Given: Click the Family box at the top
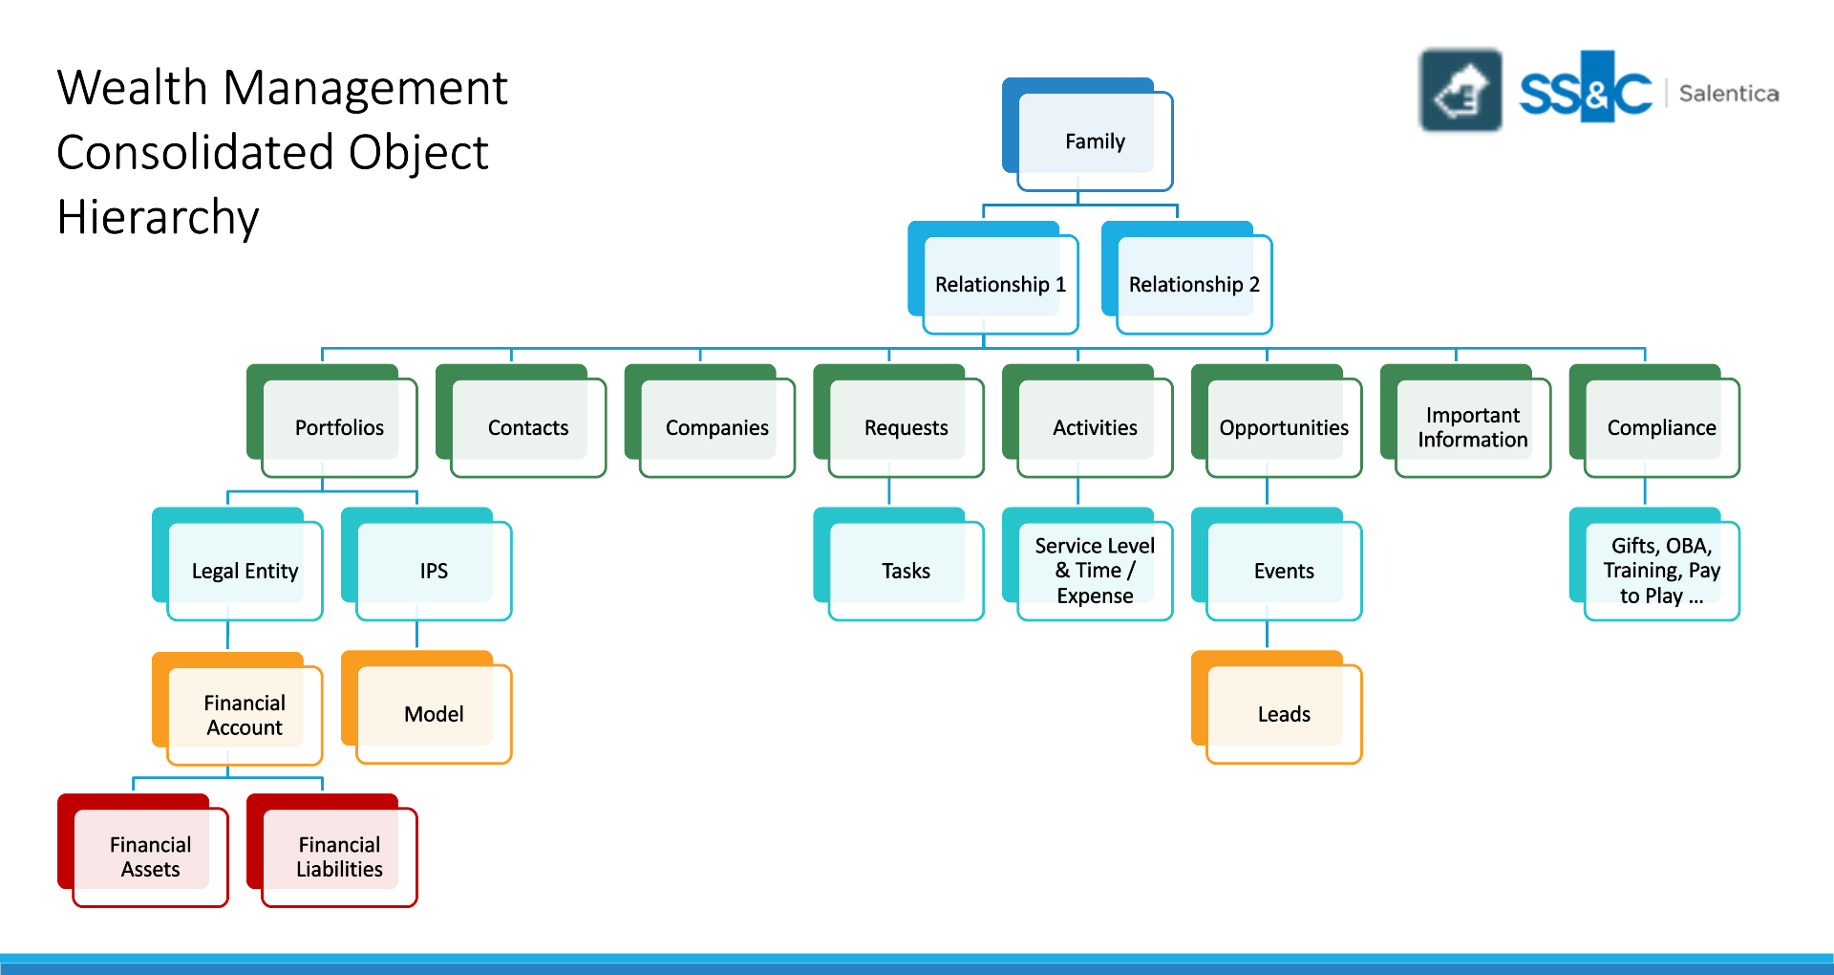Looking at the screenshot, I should coord(1095,141).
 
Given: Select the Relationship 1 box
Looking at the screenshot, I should coord(1000,285).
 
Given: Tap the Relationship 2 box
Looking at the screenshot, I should coord(1194,285).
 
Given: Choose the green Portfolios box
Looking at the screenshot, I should coord(339,427).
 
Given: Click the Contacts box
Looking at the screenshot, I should coord(528,427).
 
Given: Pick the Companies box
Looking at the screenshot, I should coord(716,427).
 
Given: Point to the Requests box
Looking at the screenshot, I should coord(906,427).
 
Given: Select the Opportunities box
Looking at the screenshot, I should coord(1284,427).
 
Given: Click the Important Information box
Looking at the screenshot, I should coord(1472,427).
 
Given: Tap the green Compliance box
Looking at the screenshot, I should coord(1661,427).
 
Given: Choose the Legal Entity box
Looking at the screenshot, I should coord(245,571).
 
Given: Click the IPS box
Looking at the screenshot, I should coord(434,571).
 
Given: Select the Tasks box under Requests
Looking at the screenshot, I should coord(906,571).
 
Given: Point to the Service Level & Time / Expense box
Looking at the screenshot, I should coord(1095,571).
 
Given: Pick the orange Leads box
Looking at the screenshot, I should coord(1284,714).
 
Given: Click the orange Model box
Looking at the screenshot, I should coord(434,714).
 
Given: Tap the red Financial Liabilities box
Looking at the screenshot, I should coord(339,856).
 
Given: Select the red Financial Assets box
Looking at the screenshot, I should coord(150,856).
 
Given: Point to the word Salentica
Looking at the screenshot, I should coord(1728,94).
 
